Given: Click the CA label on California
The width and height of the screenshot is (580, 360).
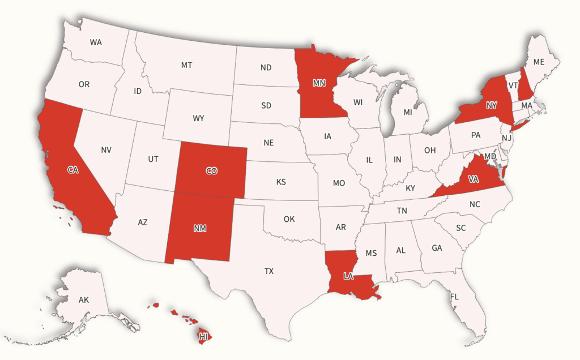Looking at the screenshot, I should click(x=72, y=170).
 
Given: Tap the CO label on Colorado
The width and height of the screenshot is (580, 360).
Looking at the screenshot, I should click(x=211, y=170).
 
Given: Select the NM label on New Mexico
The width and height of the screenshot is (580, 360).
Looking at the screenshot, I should click(x=199, y=229).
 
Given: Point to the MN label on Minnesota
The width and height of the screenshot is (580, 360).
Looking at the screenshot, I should click(x=319, y=83).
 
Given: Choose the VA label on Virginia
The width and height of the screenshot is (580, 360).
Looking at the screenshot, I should click(x=474, y=179).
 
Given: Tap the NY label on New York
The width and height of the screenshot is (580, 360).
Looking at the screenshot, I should click(x=491, y=105).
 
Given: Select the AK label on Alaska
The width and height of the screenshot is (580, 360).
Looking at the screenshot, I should click(x=84, y=300).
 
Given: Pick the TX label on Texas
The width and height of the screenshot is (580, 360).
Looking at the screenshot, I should click(x=268, y=271).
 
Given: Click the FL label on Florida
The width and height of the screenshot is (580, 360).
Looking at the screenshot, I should click(x=454, y=297).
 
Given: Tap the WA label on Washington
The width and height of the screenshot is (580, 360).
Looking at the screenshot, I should click(x=96, y=42).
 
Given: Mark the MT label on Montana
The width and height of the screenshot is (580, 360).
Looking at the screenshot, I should click(x=186, y=65).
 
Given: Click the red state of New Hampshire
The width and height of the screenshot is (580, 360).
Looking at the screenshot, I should click(x=526, y=88).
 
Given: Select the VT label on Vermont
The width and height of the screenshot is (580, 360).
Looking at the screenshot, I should click(x=513, y=85).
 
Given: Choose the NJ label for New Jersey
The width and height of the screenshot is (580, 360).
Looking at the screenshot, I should click(x=507, y=138).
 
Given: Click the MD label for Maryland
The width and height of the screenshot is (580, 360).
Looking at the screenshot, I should click(x=491, y=156).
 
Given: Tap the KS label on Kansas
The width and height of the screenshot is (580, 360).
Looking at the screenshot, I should click(x=281, y=182).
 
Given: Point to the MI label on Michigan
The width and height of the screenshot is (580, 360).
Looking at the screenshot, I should click(x=408, y=113).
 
